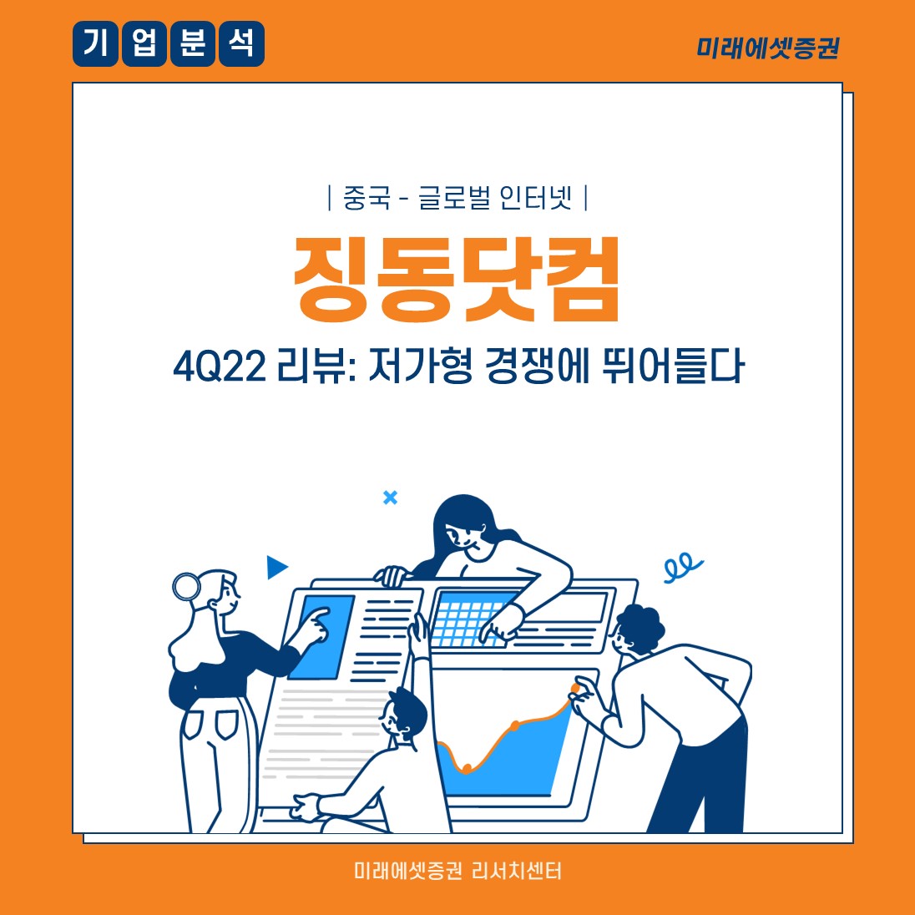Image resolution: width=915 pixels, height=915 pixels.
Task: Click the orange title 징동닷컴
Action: [x=456, y=280]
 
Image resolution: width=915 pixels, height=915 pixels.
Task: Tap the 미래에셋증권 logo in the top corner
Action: [x=768, y=48]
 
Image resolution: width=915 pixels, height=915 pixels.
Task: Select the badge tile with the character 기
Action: [x=95, y=43]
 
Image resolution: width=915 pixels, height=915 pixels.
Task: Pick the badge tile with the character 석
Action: [x=241, y=43]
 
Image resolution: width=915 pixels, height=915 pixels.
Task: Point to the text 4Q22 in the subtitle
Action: [x=220, y=367]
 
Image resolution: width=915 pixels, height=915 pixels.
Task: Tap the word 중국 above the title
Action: [x=366, y=198]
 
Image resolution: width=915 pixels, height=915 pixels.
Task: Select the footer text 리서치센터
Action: [x=517, y=871]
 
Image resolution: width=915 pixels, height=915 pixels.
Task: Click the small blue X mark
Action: [x=391, y=498]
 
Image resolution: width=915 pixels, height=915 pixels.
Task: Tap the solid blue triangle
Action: [x=276, y=567]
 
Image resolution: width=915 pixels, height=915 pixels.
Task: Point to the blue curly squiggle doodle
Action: [x=682, y=567]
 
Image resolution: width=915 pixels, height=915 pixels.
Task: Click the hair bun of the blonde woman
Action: [x=187, y=586]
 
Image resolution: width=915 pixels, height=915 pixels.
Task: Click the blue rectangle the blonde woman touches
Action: [x=321, y=637]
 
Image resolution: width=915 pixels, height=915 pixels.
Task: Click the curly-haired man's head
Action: [x=637, y=630]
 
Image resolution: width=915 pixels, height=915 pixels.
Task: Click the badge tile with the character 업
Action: [x=144, y=43]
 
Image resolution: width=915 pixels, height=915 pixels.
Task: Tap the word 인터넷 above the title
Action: [x=535, y=198]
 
